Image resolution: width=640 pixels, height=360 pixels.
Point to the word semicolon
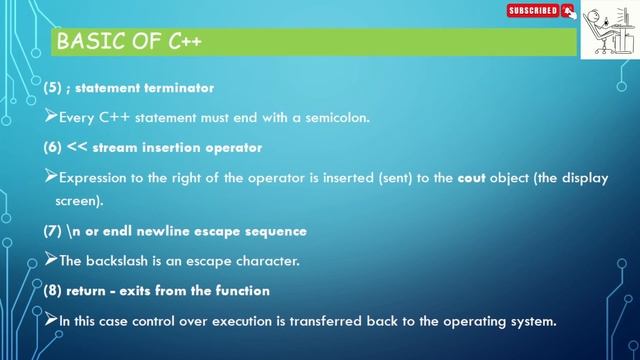(337, 118)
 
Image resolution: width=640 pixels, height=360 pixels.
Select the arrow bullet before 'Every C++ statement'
(52, 118)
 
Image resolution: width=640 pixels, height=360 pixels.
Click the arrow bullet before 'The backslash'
(52, 261)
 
